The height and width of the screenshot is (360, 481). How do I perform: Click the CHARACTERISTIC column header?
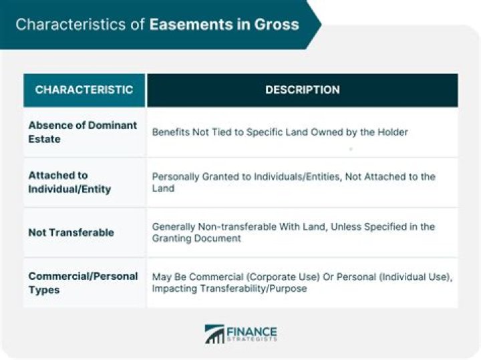click(84, 89)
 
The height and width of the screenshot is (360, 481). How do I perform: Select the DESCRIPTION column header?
click(302, 89)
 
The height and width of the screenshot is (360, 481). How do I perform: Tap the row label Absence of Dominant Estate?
click(82, 132)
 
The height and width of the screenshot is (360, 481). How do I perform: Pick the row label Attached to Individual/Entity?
click(69, 182)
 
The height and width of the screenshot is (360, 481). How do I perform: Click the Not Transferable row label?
click(71, 232)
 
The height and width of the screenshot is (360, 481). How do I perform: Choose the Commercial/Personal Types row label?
click(83, 283)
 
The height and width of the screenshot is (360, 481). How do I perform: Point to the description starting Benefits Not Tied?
click(279, 132)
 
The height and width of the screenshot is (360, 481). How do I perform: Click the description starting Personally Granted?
click(293, 182)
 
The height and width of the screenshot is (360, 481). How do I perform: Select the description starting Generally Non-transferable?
click(293, 232)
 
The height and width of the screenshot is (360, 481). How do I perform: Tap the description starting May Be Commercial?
click(302, 283)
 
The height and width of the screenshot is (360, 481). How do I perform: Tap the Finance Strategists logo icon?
click(215, 334)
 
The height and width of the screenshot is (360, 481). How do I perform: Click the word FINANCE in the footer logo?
click(251, 331)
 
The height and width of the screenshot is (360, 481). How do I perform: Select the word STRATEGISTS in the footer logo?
click(251, 341)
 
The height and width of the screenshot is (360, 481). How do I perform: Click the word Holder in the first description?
click(391, 132)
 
